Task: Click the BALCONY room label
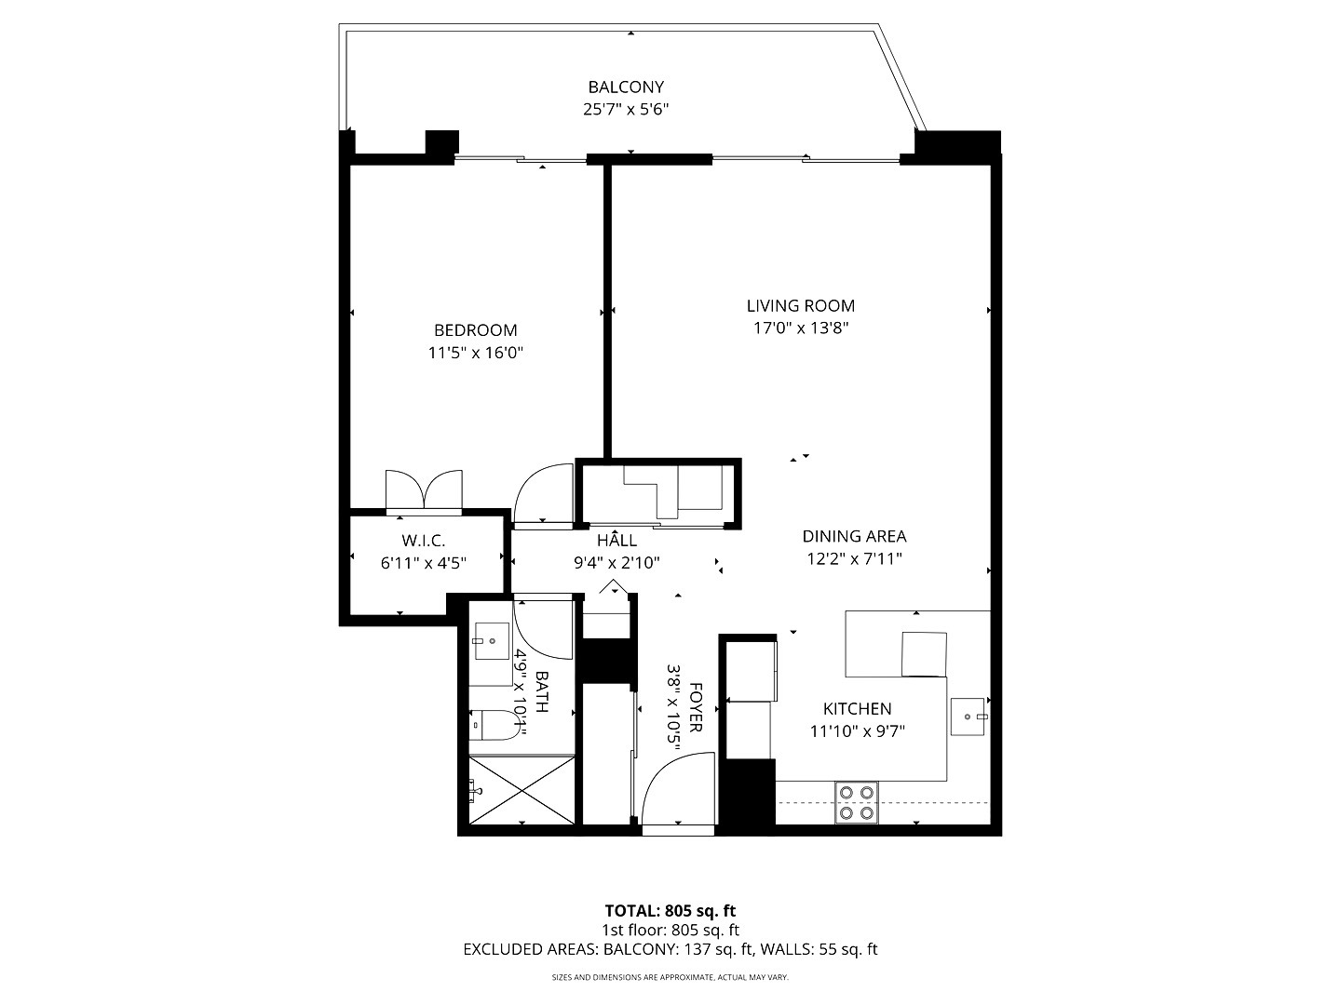point(626,87)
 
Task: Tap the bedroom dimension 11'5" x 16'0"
point(476,353)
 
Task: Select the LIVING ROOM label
point(800,306)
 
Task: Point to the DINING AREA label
point(854,536)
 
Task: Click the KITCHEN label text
point(857,708)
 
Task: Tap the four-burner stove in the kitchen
point(857,802)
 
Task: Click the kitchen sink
point(968,717)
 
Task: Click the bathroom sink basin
point(491,641)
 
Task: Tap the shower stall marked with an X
point(521,791)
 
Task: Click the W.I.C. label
point(424,541)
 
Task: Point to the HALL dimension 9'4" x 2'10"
point(617,563)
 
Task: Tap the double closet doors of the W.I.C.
point(424,489)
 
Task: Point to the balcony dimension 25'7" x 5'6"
point(626,110)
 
